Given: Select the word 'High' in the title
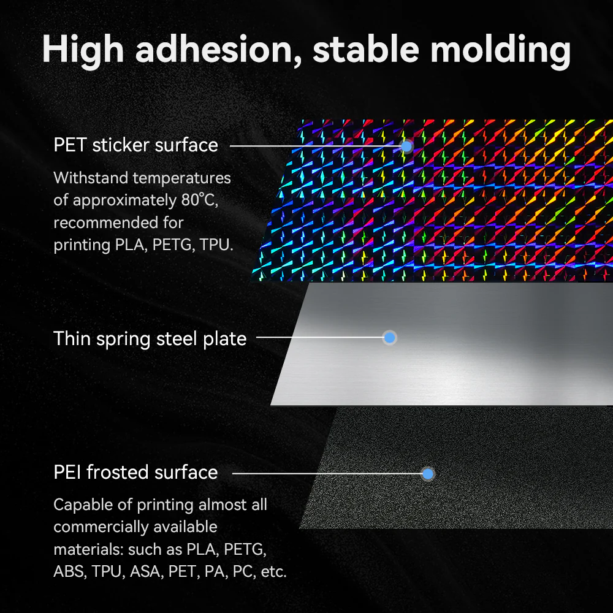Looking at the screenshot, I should point(83,50).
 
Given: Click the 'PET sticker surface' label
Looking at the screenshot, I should point(135,145).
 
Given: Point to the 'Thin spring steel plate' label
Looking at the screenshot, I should point(150,338).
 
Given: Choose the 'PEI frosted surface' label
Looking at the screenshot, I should point(135,473).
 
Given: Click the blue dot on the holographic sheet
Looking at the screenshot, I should point(406,146).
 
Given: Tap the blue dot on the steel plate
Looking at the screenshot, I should point(389,337).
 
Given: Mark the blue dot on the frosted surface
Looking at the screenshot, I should point(428,473).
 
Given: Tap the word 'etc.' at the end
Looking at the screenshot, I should point(273,572).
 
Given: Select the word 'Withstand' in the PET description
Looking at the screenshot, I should point(91,178).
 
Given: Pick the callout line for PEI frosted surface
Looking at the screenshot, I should point(325,473).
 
